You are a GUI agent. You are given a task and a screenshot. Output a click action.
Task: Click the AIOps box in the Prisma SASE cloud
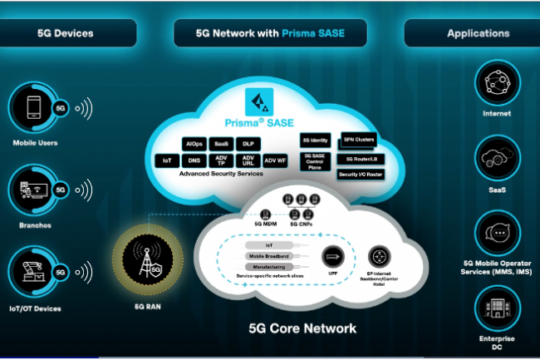point(194,144)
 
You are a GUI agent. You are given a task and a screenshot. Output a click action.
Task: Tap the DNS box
point(194,160)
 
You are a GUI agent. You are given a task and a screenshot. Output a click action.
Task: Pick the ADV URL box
point(248,160)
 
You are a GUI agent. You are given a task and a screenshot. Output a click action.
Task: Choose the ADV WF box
point(275,160)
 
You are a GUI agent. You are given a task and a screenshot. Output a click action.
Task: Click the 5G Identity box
point(316,140)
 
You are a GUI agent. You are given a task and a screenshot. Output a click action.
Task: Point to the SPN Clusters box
point(360,140)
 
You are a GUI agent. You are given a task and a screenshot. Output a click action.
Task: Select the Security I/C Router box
point(360,174)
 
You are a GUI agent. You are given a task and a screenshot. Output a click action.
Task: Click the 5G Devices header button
point(66,33)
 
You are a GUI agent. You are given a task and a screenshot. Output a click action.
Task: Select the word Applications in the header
point(478,33)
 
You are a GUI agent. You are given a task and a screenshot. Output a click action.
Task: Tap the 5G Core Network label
point(302,328)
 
